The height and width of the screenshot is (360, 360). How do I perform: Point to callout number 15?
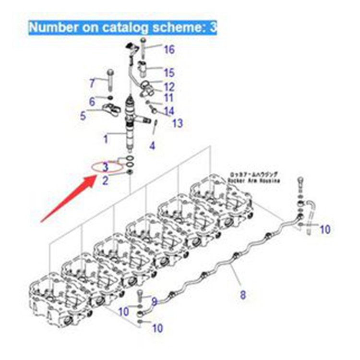tap(169, 73)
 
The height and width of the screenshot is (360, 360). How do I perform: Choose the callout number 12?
tap(169, 87)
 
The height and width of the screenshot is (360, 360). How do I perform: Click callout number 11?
tap(169, 98)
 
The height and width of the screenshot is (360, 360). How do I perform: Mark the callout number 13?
tap(177, 123)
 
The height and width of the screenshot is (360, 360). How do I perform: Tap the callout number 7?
tap(92, 83)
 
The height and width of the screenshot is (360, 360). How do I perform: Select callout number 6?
tap(92, 101)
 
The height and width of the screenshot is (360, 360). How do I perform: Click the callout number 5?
tap(83, 115)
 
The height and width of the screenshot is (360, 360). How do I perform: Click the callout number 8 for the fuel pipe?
tap(242, 295)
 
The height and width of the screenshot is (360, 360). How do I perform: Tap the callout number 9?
tap(154, 301)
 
